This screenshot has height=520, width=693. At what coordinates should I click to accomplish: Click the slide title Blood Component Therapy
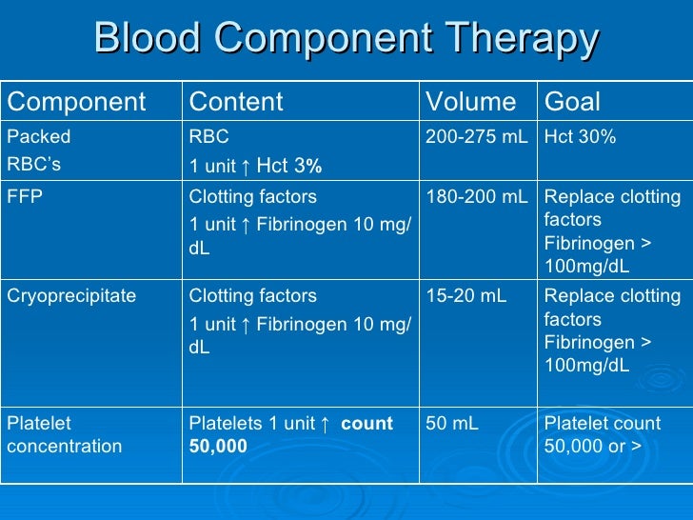pyautogui.click(x=346, y=40)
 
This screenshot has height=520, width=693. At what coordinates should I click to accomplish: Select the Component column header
pyautogui.click(x=76, y=102)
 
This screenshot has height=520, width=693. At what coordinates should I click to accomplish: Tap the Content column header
pyautogui.click(x=236, y=102)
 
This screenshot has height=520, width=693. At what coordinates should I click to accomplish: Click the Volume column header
pyautogui.click(x=470, y=102)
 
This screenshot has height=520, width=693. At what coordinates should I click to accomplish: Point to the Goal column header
pyautogui.click(x=571, y=102)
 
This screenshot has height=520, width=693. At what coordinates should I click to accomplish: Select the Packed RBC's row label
pyautogui.click(x=39, y=150)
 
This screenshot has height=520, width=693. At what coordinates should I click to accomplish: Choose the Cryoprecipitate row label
pyautogui.click(x=71, y=296)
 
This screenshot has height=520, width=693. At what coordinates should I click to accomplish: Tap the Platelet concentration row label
pyautogui.click(x=65, y=434)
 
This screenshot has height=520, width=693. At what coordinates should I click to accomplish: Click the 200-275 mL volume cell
pyautogui.click(x=476, y=137)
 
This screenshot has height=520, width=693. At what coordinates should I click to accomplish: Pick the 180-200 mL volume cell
pyautogui.click(x=476, y=197)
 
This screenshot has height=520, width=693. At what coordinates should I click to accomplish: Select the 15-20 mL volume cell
pyautogui.click(x=465, y=296)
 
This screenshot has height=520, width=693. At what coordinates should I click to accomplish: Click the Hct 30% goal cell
pyautogui.click(x=580, y=137)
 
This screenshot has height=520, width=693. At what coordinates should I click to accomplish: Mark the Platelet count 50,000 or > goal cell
pyautogui.click(x=602, y=434)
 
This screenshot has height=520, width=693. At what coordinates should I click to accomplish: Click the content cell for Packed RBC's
pyautogui.click(x=255, y=151)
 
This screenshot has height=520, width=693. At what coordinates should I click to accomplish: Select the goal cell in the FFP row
pyautogui.click(x=612, y=231)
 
